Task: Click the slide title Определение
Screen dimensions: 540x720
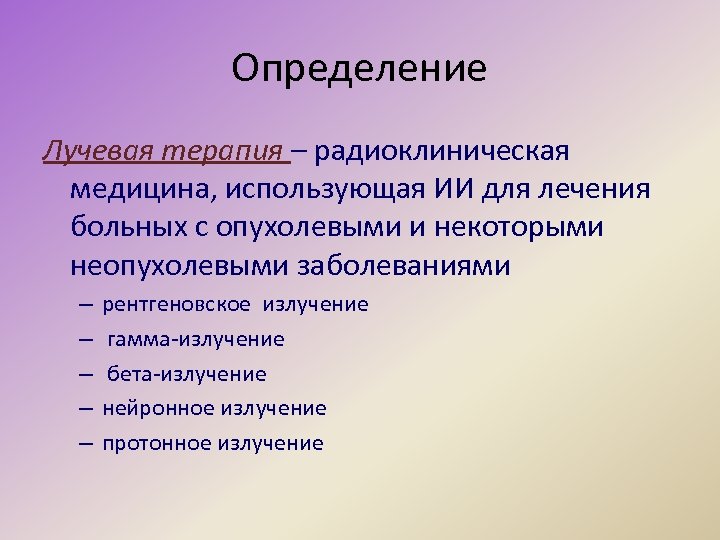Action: [x=359, y=69]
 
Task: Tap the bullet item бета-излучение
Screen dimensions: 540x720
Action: [x=187, y=374]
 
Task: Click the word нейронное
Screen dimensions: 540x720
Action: [x=159, y=408]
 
